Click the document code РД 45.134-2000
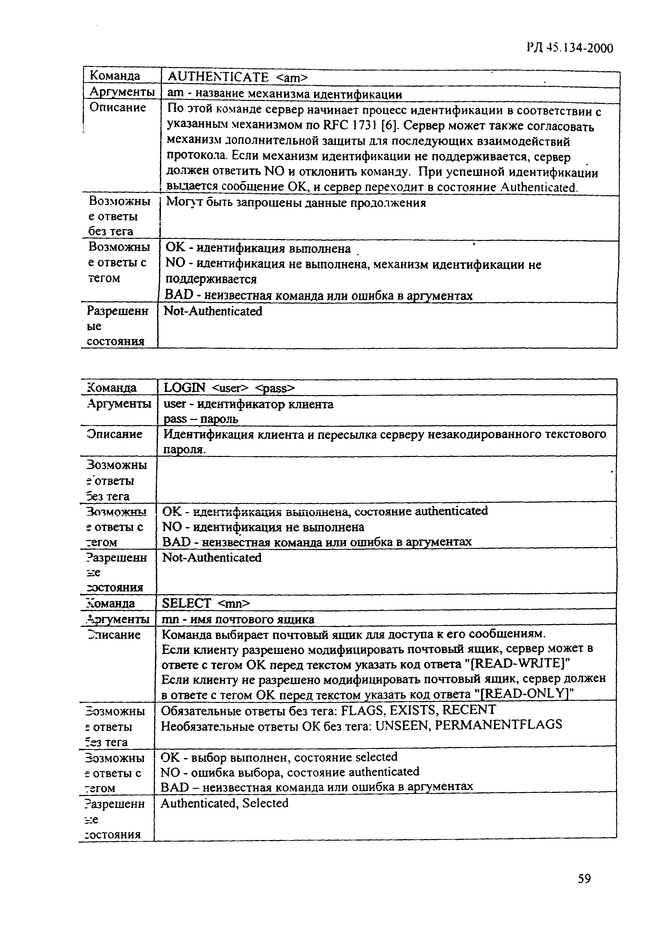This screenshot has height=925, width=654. [569, 48]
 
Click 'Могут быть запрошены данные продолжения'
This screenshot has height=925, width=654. [296, 203]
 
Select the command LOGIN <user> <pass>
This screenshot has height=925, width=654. [229, 388]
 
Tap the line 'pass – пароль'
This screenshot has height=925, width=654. [201, 419]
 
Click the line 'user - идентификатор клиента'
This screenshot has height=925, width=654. [248, 404]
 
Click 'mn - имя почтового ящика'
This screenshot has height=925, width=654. [238, 619]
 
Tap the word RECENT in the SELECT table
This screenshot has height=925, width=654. [469, 710]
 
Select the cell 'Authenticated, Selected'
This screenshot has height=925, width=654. [224, 803]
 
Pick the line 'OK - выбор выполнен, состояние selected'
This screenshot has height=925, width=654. [279, 757]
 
